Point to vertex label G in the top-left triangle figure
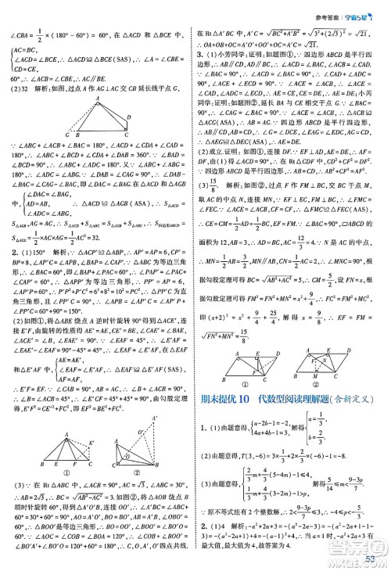[x=66, y=134]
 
